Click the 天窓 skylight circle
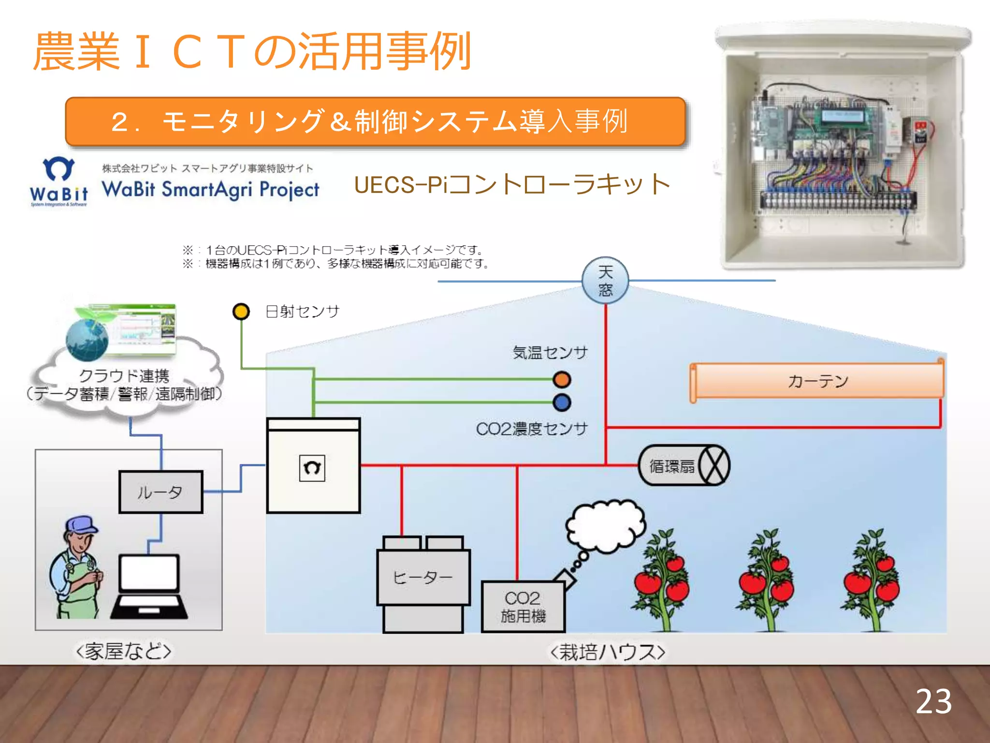[605, 280]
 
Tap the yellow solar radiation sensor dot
[241, 312]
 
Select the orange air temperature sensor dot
[562, 380]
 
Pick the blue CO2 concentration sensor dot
[562, 402]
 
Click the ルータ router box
[160, 492]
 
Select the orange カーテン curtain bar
[817, 381]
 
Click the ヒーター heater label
[423, 577]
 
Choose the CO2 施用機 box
[523, 607]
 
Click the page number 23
[933, 702]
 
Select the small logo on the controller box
[312, 468]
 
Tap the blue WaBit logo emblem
[58, 169]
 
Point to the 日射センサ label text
[303, 312]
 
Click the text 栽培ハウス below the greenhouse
[608, 652]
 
